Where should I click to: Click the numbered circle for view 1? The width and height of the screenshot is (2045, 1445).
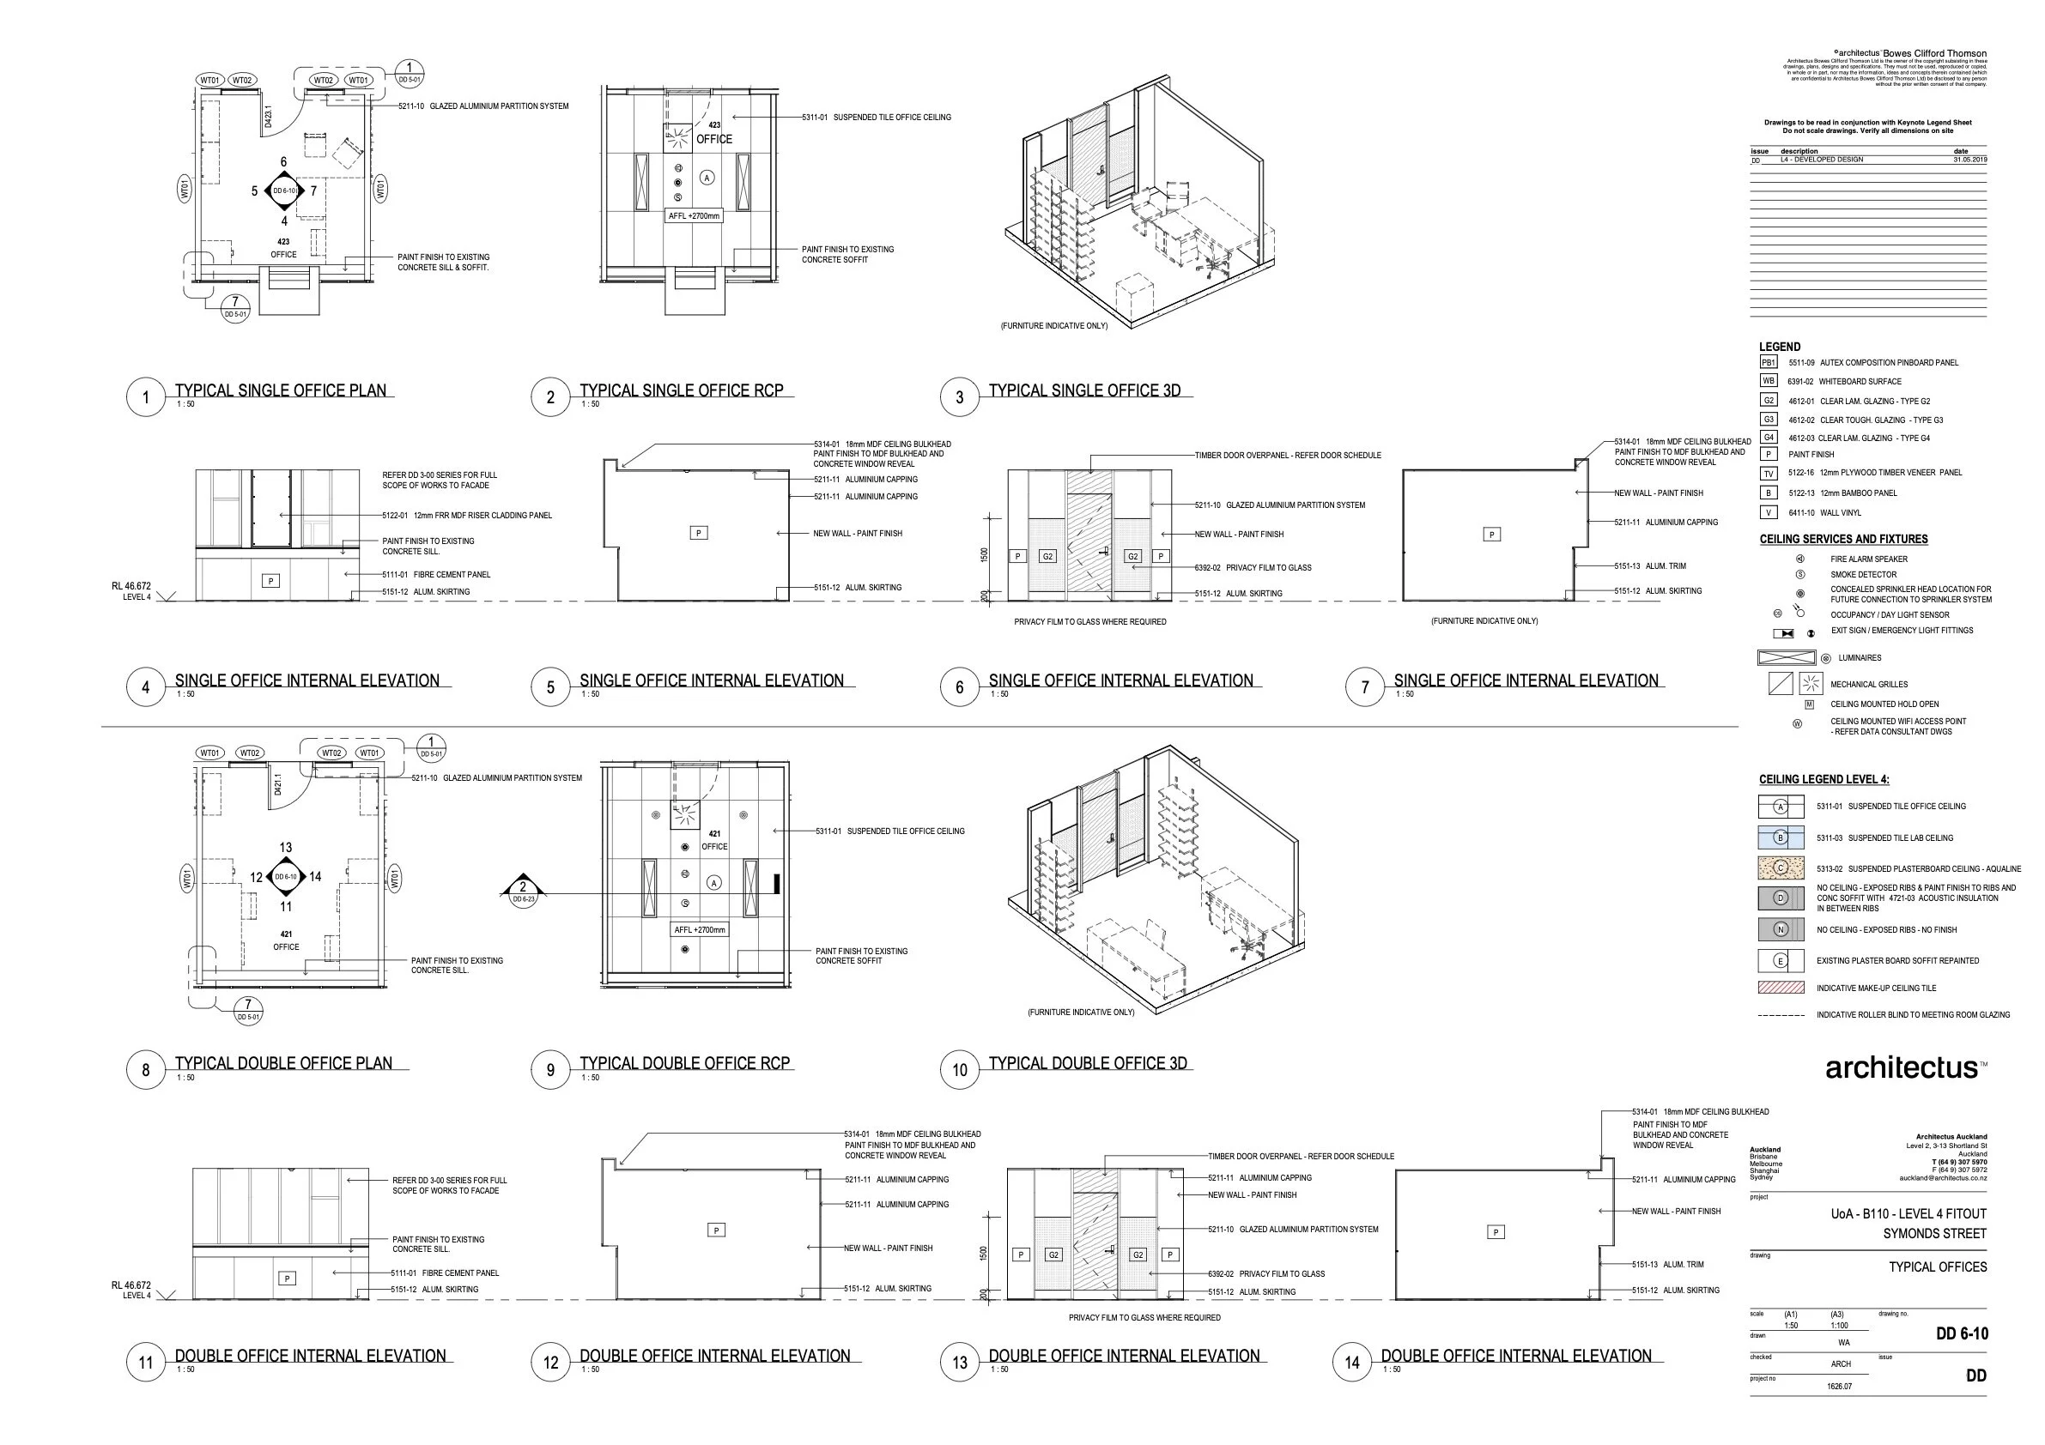click(146, 397)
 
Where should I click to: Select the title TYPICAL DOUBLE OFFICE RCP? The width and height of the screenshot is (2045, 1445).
click(684, 1063)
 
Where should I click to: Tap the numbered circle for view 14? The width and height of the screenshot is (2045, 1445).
click(1352, 1363)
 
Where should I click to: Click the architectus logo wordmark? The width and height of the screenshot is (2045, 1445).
click(1902, 1067)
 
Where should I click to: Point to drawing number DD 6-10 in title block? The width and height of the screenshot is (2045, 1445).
click(1961, 1333)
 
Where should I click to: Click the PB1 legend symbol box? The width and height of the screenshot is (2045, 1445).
click(1768, 362)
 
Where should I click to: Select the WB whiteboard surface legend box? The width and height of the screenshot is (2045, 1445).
click(1768, 381)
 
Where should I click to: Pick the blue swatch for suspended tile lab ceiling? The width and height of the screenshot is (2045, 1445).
click(1781, 837)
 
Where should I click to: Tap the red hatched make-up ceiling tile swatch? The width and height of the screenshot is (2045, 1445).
click(1781, 988)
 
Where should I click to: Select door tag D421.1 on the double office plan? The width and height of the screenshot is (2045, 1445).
click(277, 785)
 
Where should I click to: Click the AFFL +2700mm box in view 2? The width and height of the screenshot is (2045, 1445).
click(694, 215)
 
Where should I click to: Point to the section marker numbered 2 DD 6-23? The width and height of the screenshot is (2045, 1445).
click(523, 890)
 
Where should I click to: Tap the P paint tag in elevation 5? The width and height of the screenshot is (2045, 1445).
click(699, 534)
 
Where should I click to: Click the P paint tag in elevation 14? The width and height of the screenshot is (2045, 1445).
click(1496, 1232)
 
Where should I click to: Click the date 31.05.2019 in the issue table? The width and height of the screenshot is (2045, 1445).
click(1969, 160)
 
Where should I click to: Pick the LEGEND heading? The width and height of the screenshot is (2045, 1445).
click(1780, 347)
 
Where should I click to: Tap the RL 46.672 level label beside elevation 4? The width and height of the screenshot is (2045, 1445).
click(131, 587)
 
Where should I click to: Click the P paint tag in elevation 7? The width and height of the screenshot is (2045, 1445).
click(1492, 535)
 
